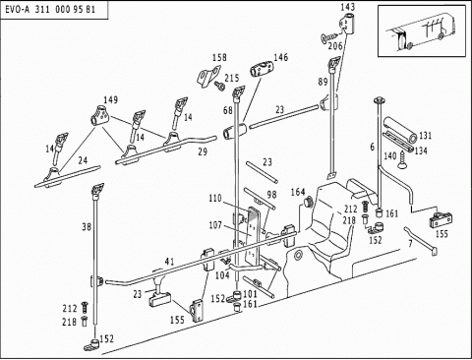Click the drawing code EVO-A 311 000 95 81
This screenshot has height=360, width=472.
tap(50, 9)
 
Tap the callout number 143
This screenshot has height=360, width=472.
tap(348, 7)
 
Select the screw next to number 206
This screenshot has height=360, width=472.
tap(329, 37)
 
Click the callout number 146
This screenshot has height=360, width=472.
tap(281, 57)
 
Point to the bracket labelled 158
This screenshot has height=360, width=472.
tap(207, 77)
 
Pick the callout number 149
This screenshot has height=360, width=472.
tap(111, 99)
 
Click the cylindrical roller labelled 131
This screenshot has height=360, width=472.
tap(401, 130)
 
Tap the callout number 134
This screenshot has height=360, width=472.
tap(421, 150)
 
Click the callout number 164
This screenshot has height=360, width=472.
tap(298, 192)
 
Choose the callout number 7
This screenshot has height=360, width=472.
tap(410, 244)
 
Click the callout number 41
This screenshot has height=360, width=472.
tap(169, 262)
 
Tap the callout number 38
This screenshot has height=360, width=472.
tap(87, 226)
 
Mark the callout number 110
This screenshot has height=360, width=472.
tap(215, 199)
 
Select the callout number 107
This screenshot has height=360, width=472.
tap(215, 225)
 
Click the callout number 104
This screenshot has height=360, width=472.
tap(222, 275)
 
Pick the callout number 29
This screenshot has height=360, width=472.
tap(203, 151)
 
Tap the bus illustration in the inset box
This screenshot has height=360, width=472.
tap(422, 31)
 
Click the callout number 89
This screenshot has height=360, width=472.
tap(323, 82)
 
